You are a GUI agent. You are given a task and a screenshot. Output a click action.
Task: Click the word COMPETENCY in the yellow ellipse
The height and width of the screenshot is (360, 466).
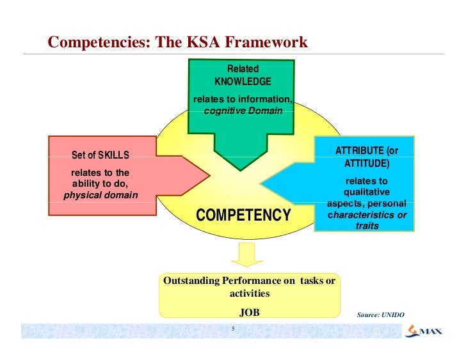(243, 216)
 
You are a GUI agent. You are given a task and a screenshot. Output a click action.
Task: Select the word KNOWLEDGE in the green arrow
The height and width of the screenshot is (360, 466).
(243, 82)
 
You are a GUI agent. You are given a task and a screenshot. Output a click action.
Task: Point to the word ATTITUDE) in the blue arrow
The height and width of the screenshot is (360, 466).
(367, 164)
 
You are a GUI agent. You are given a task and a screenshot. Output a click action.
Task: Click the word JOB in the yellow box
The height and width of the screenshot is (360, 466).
(249, 313)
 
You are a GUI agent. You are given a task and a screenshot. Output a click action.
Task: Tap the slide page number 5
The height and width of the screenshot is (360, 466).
(233, 330)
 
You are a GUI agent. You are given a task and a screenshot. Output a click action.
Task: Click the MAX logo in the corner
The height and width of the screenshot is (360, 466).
(421, 332)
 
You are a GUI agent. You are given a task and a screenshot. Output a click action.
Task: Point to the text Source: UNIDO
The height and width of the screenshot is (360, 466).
(381, 315)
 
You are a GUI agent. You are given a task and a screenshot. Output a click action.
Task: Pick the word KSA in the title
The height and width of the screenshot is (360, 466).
(202, 43)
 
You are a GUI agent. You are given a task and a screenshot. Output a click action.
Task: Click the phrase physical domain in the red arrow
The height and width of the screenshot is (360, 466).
(100, 195)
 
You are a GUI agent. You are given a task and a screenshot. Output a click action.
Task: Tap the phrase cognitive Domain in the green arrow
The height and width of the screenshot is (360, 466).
(243, 111)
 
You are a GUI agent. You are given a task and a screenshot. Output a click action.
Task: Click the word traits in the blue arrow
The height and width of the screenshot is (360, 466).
(367, 226)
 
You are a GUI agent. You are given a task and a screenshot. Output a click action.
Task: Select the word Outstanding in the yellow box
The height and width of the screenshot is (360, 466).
(191, 281)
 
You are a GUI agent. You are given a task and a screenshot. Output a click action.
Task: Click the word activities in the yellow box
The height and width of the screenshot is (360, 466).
(249, 293)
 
